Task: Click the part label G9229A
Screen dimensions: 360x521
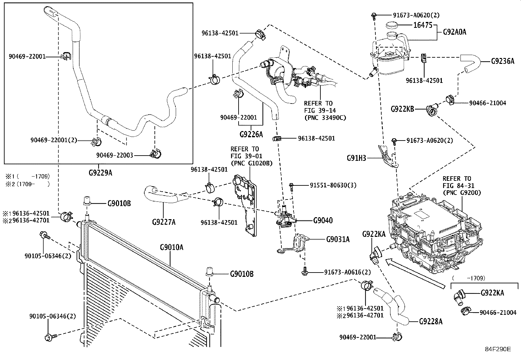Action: (100, 173)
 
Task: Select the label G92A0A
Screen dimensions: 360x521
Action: (455, 32)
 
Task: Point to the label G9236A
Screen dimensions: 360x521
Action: (503, 61)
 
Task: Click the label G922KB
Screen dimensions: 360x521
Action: (403, 109)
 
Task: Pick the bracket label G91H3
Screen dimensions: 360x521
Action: (356, 158)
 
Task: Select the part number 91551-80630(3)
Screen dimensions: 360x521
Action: (333, 185)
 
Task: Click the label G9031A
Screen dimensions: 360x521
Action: (338, 239)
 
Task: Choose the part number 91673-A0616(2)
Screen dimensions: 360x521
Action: (348, 272)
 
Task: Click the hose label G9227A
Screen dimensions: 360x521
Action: (164, 222)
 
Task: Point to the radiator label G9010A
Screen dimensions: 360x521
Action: (171, 247)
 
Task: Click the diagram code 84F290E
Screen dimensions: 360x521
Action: (498, 349)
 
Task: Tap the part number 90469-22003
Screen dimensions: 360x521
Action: (115, 155)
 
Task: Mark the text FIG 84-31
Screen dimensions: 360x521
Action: (457, 186)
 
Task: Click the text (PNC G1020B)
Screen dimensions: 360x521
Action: (251, 163)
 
